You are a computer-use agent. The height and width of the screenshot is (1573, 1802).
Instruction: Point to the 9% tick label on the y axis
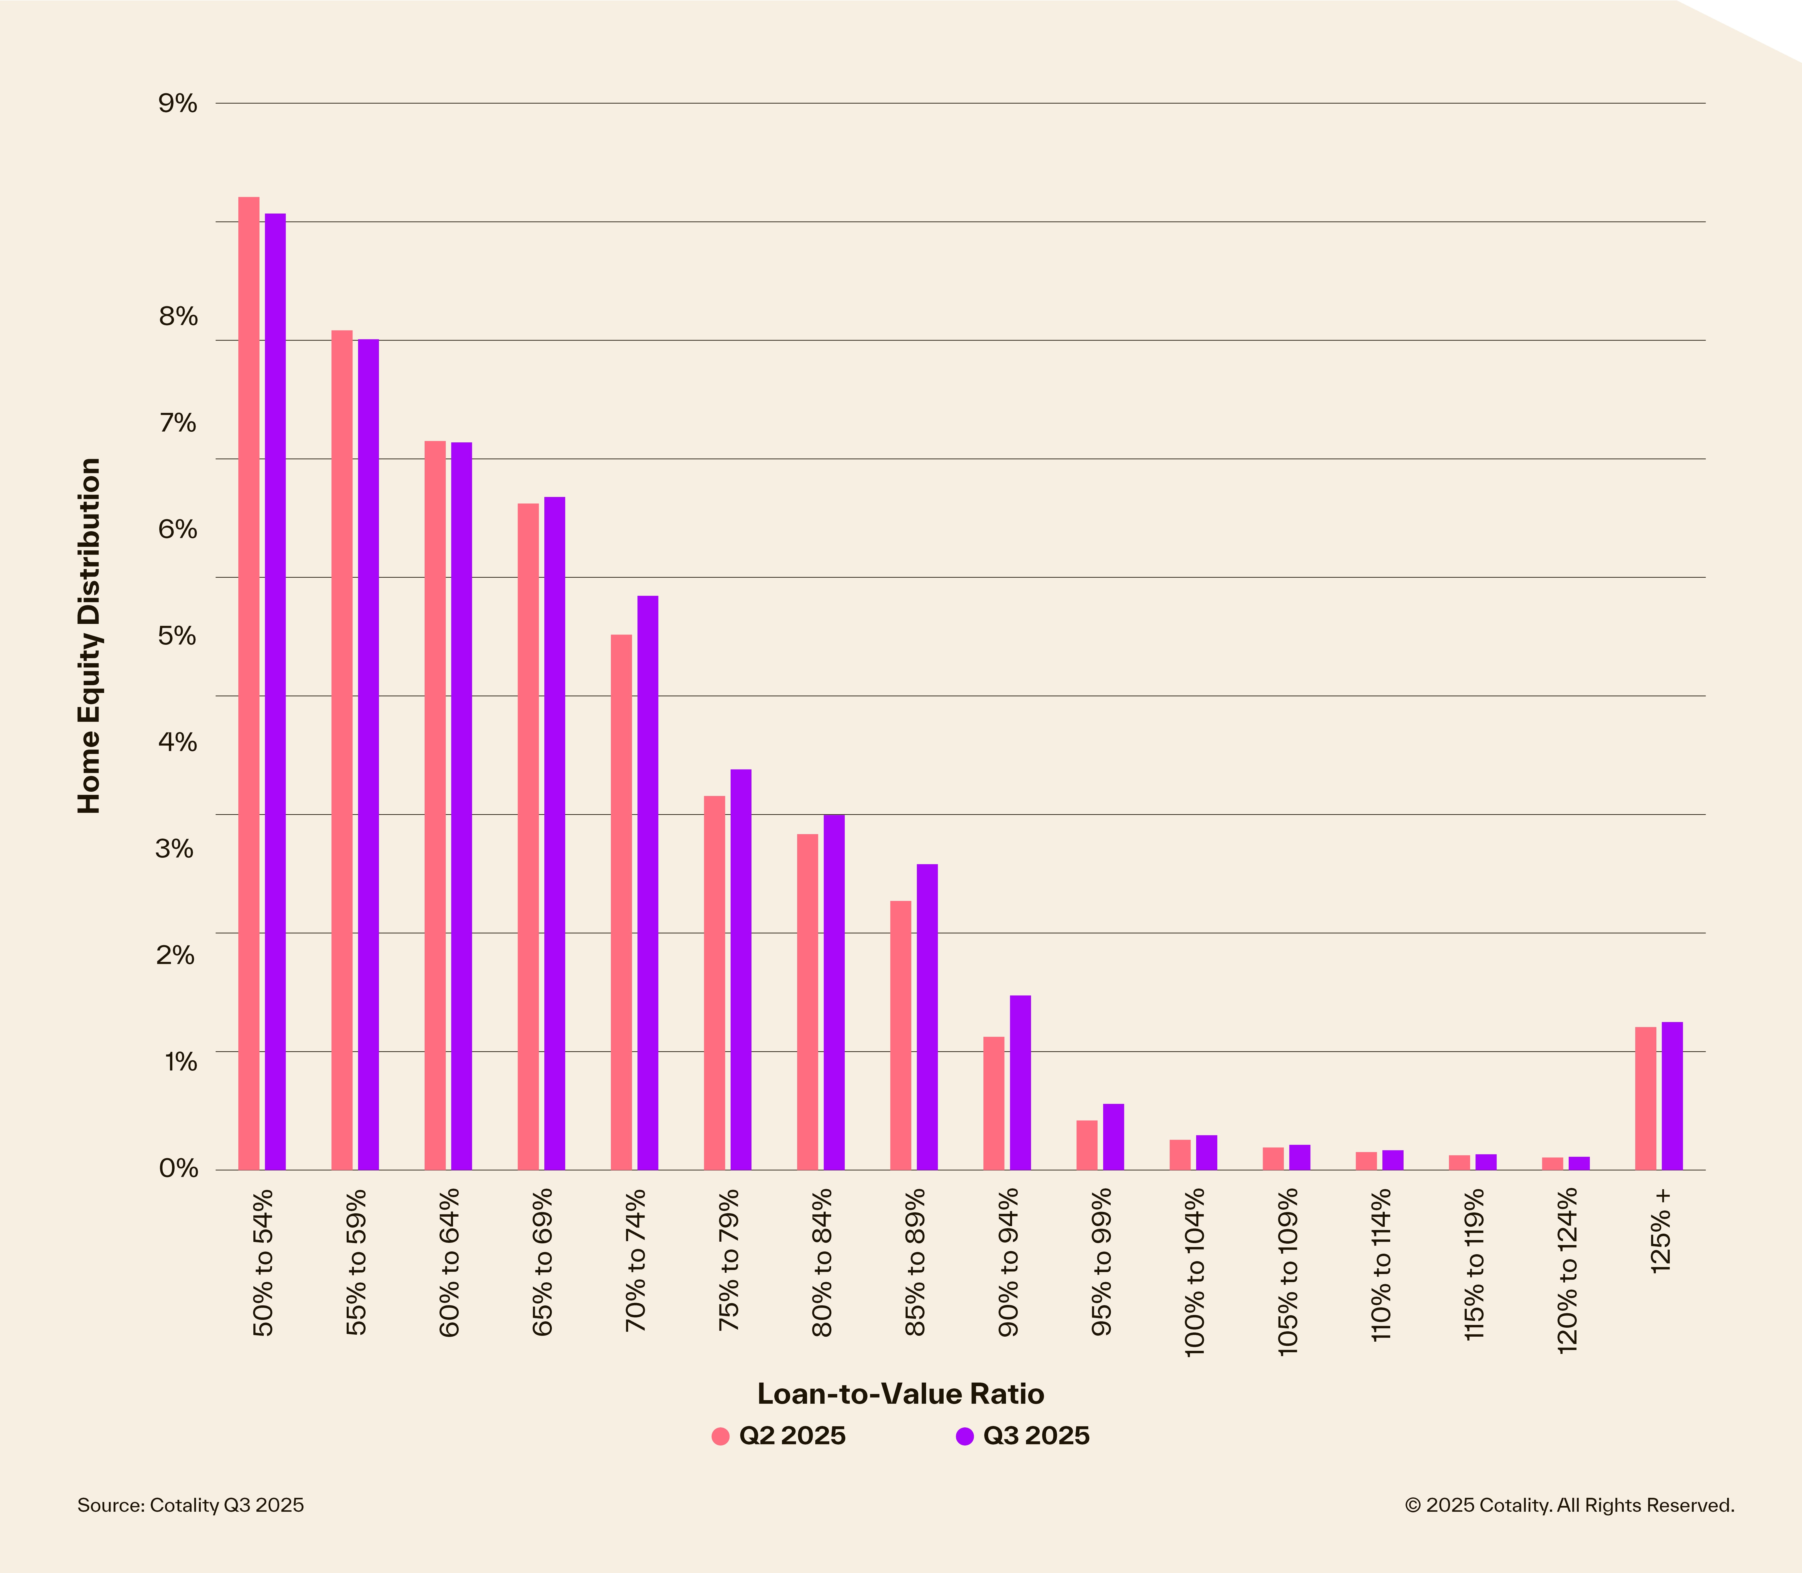(x=178, y=104)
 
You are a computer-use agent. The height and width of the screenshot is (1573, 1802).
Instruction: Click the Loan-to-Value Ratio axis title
(x=900, y=1394)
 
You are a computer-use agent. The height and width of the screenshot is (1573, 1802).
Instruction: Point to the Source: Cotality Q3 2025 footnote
(x=190, y=1505)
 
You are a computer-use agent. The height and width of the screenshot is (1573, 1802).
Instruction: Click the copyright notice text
(x=1570, y=1505)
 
